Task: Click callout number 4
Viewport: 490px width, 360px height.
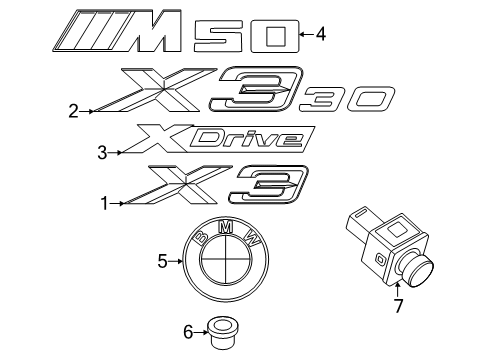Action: pyautogui.click(x=320, y=35)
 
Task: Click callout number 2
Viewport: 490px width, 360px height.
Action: pyautogui.click(x=73, y=111)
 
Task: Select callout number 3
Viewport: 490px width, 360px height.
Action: pyautogui.click(x=102, y=152)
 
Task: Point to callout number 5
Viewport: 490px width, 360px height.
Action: pyautogui.click(x=162, y=262)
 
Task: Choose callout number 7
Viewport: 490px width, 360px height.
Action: pyautogui.click(x=397, y=306)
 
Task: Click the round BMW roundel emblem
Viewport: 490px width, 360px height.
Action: pyautogui.click(x=229, y=264)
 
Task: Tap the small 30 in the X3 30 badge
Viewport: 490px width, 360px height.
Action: pyautogui.click(x=345, y=99)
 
